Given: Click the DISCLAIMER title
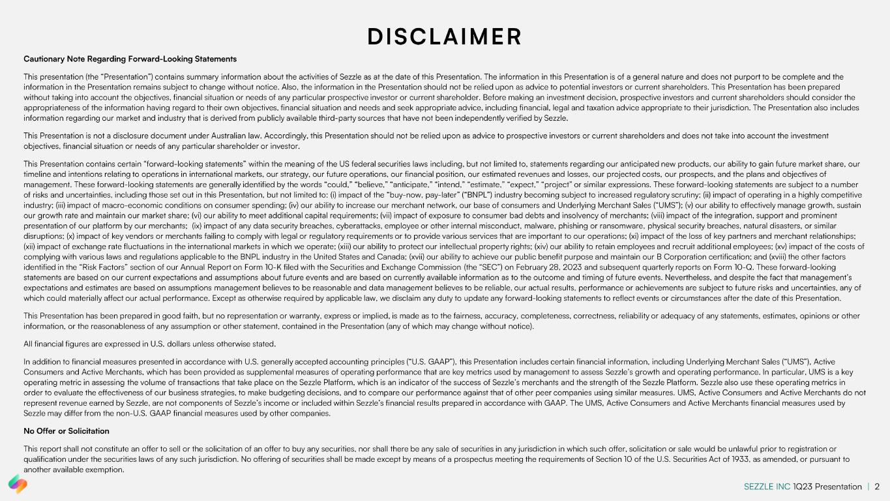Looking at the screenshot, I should tap(445, 37).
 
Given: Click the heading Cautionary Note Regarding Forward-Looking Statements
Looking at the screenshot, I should tap(130, 59).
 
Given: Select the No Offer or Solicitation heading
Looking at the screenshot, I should tap(67, 431).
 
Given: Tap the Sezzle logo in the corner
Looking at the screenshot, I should tap(18, 484).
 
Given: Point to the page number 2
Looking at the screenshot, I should tap(877, 486).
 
